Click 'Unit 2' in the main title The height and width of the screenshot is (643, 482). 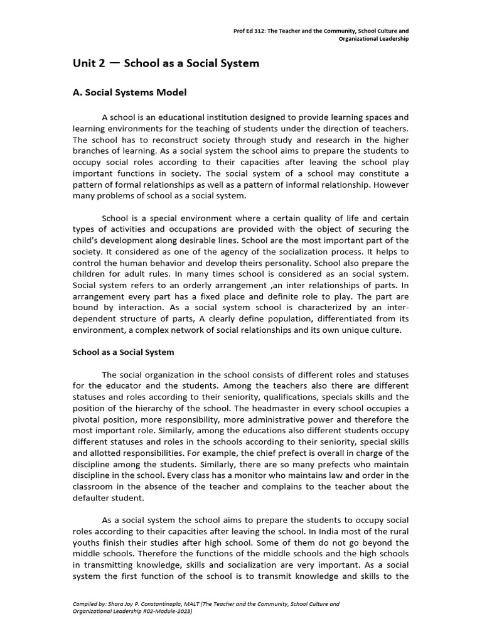[88, 63]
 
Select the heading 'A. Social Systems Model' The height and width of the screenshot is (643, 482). [130, 92]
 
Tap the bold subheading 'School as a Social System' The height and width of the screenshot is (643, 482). [124, 353]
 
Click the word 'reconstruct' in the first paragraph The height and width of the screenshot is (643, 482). [171, 140]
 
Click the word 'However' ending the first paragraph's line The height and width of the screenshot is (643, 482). [389, 185]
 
